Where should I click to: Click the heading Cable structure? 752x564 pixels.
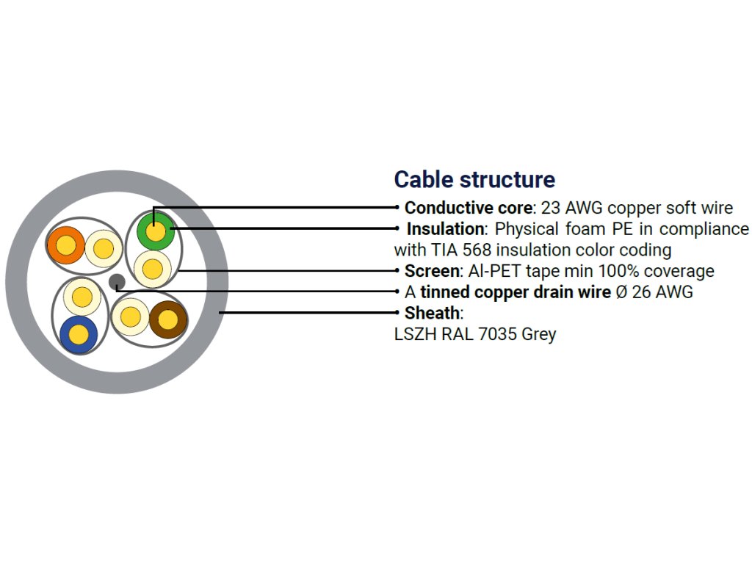click(x=474, y=180)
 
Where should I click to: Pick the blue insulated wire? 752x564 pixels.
click(x=79, y=334)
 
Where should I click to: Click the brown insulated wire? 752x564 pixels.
click(x=168, y=319)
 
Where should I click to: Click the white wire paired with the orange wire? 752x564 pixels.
click(x=104, y=249)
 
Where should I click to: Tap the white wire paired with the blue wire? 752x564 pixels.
click(x=82, y=297)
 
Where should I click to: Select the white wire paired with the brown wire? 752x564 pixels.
click(x=129, y=317)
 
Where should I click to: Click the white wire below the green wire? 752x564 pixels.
click(x=153, y=270)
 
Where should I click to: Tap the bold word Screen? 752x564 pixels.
click(x=433, y=271)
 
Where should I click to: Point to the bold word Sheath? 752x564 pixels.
click(x=432, y=314)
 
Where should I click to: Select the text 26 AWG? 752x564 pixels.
click(x=662, y=292)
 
